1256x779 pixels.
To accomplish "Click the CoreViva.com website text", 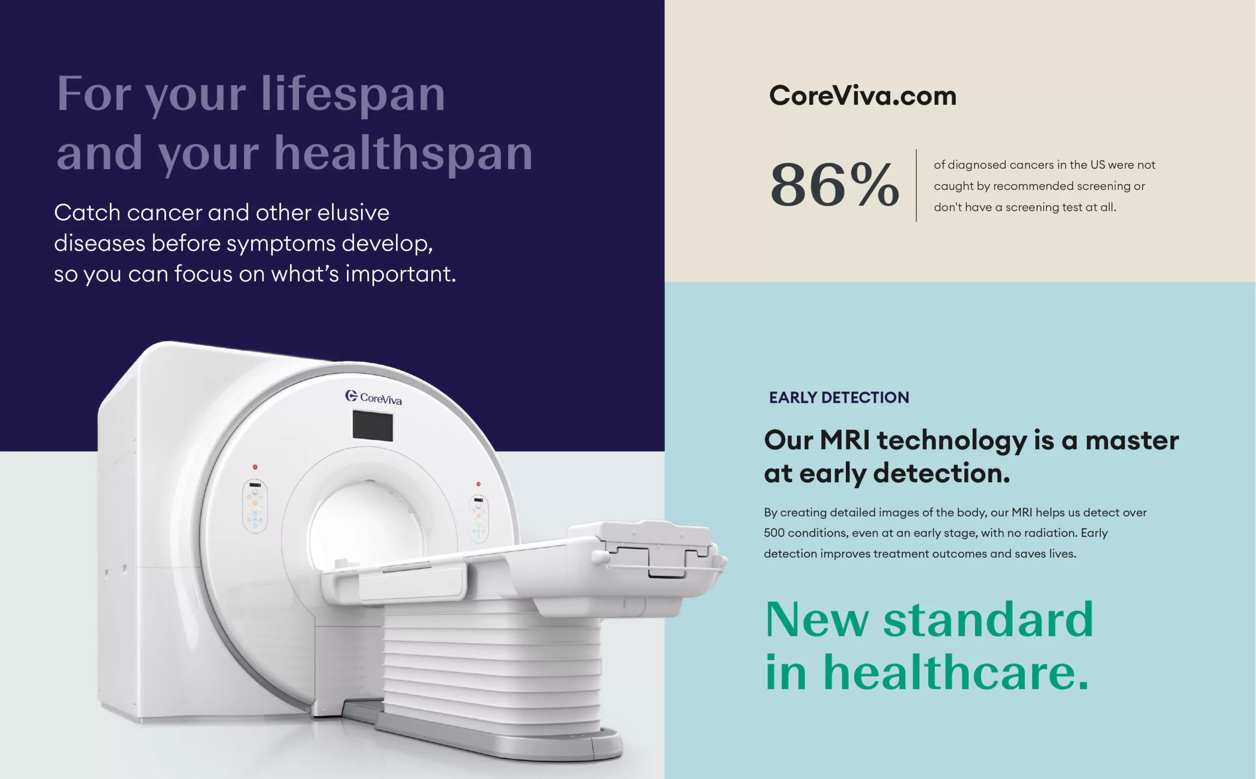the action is click(863, 96).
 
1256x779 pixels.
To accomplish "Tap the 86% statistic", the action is click(835, 184).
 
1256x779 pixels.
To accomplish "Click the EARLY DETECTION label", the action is click(838, 397).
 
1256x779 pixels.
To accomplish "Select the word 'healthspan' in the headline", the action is click(403, 153).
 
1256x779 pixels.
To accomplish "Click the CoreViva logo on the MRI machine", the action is click(373, 397).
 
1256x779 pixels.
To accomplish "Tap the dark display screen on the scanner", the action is click(372, 426).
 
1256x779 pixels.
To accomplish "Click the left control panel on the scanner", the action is click(255, 506).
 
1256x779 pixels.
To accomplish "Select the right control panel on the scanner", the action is click(478, 519).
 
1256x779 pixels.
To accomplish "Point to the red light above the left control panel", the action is click(255, 467).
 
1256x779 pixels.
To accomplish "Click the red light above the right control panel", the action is click(478, 484).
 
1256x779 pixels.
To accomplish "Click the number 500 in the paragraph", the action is click(774, 533).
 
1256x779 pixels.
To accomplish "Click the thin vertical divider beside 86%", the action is click(916, 185).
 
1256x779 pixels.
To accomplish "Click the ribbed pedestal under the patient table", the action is click(492, 670).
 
